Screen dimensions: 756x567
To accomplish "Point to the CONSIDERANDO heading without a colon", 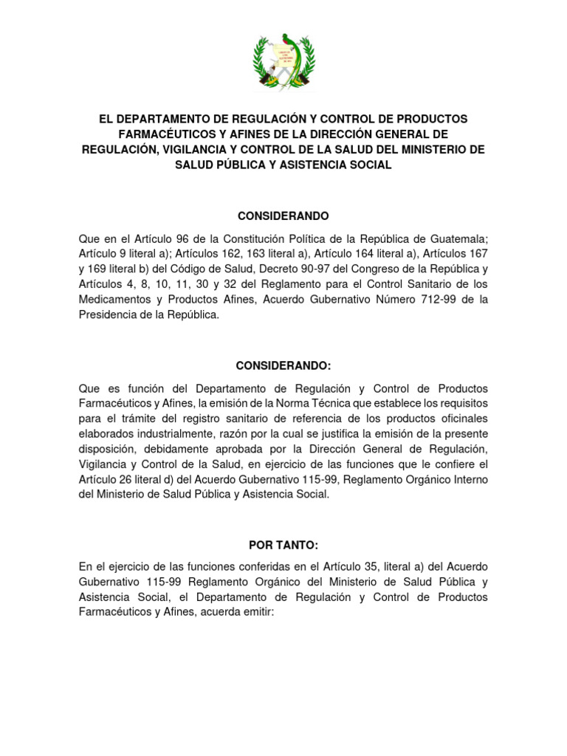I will (x=283, y=216).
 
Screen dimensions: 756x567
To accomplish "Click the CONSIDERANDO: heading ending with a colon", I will (x=283, y=366).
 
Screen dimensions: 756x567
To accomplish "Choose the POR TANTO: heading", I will (x=283, y=545).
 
